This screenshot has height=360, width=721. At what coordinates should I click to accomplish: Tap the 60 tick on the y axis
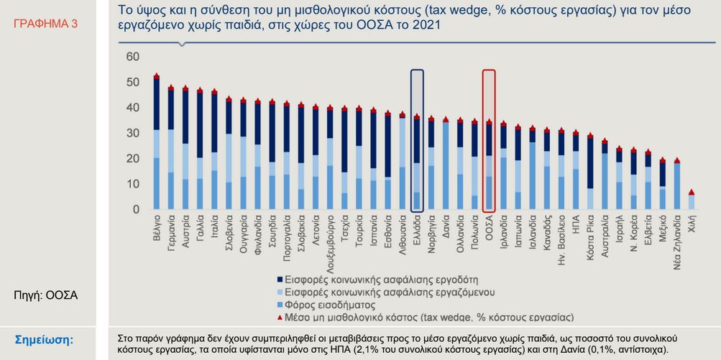(132, 57)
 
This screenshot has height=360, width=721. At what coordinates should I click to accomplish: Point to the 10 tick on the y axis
(132, 184)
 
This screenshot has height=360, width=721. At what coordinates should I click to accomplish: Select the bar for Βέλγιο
(157, 144)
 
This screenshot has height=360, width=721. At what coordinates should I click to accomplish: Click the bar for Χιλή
(692, 202)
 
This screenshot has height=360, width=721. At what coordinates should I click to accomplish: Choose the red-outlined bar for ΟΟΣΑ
(489, 165)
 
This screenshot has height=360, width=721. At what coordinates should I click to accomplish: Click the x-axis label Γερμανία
(171, 230)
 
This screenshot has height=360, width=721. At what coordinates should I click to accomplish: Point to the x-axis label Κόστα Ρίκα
(590, 234)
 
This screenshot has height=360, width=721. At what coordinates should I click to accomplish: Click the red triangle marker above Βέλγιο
(157, 75)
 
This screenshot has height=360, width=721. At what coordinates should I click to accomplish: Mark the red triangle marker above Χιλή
(692, 192)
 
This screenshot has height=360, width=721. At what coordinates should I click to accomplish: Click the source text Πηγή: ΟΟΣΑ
(46, 295)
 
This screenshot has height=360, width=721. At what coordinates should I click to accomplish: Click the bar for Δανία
(446, 165)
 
